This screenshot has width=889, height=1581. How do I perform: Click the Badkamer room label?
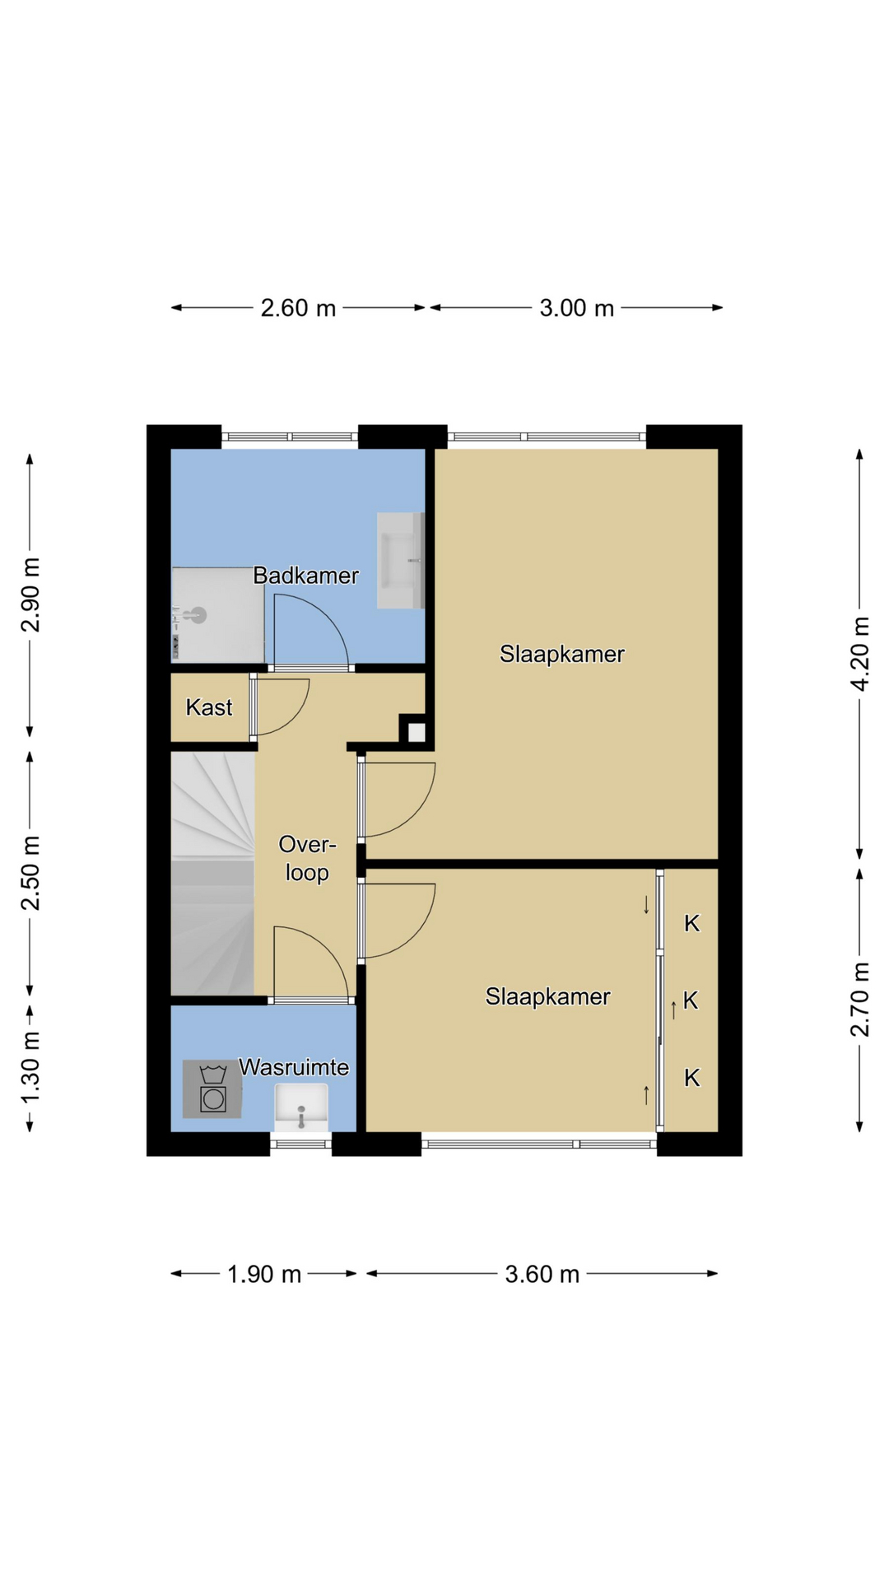pyautogui.click(x=305, y=576)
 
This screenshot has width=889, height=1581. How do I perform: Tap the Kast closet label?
pyautogui.click(x=209, y=707)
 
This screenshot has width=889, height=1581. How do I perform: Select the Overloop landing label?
pyautogui.click(x=307, y=858)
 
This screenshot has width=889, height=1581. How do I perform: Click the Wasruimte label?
pyautogui.click(x=294, y=1067)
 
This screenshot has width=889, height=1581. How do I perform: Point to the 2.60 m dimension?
pyautogui.click(x=298, y=308)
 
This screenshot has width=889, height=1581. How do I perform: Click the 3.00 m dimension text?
pyautogui.click(x=577, y=308)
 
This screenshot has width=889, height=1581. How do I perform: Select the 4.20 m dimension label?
pyautogui.click(x=859, y=654)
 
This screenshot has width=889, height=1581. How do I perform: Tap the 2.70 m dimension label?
pyautogui.click(x=859, y=1000)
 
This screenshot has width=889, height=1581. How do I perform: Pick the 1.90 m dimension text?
pyautogui.click(x=264, y=1274)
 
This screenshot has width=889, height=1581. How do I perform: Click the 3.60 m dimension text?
pyautogui.click(x=542, y=1274)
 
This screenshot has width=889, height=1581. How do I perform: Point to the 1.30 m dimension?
pyautogui.click(x=30, y=1068)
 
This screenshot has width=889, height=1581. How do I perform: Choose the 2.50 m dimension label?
pyautogui.click(x=30, y=873)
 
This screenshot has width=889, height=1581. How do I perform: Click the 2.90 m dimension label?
pyautogui.click(x=30, y=595)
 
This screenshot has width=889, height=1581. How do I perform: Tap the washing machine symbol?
pyautogui.click(x=212, y=1089)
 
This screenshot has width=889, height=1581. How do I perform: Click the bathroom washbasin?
pyautogui.click(x=400, y=561)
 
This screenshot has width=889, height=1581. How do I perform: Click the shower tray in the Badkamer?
pyautogui.click(x=217, y=614)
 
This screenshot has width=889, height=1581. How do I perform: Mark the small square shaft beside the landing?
pyautogui.click(x=416, y=731)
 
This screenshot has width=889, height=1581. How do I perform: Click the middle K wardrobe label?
pyautogui.click(x=691, y=1000)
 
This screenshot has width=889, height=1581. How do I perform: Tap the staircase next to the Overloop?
pyautogui.click(x=212, y=874)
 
